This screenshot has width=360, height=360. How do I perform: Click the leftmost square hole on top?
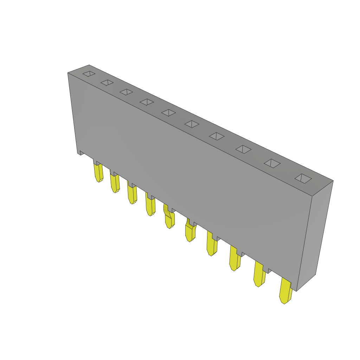[x=89, y=73]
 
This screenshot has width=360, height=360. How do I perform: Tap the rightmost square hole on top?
[x=303, y=179]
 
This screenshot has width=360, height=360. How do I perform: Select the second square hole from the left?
[x=107, y=83]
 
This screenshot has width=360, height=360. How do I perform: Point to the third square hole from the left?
[x=126, y=92]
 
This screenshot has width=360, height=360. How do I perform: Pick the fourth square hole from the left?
[x=147, y=102]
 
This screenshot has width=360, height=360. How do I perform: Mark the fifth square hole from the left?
[x=169, y=112]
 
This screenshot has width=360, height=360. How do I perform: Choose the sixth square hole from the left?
[x=192, y=124]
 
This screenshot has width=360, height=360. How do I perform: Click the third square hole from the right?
[x=243, y=149]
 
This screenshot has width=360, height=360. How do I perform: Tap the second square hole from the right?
[x=272, y=163]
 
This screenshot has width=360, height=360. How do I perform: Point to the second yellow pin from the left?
[x=115, y=183]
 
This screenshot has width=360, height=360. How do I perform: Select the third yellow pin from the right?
[x=234, y=260]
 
